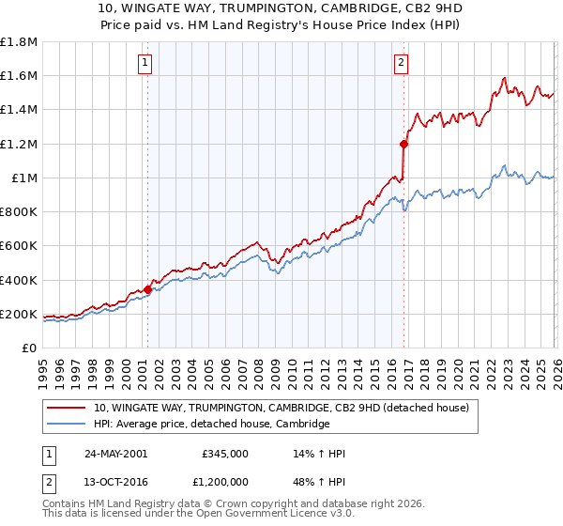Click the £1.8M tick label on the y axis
(19, 42)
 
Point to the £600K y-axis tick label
(19, 246)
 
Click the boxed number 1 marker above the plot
(146, 63)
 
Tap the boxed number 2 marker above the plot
(401, 63)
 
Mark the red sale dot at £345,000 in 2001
(147, 289)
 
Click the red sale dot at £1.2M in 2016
(403, 144)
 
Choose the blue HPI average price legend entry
(212, 424)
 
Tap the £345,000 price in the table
(224, 454)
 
